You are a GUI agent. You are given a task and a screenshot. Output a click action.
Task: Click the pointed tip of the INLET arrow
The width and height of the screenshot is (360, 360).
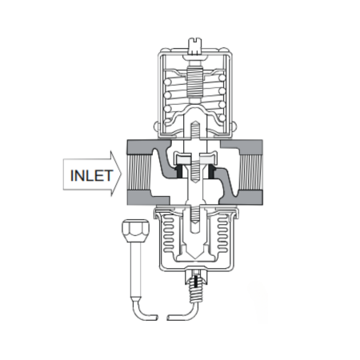click(x=121, y=174)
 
